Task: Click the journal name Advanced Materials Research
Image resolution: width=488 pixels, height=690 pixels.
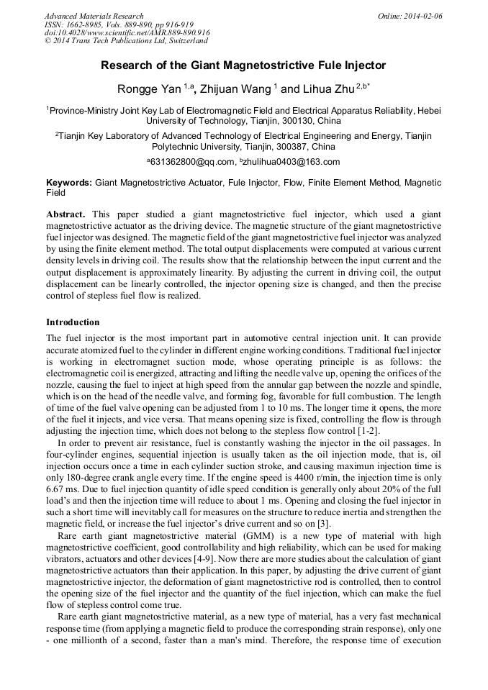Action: click(x=94, y=16)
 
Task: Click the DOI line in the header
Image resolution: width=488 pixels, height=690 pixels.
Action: click(x=127, y=33)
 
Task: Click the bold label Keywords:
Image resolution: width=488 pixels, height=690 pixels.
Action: click(x=69, y=183)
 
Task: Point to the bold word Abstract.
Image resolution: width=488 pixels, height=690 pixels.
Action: click(x=65, y=214)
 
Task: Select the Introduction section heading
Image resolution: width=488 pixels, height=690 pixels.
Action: click(x=73, y=322)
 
